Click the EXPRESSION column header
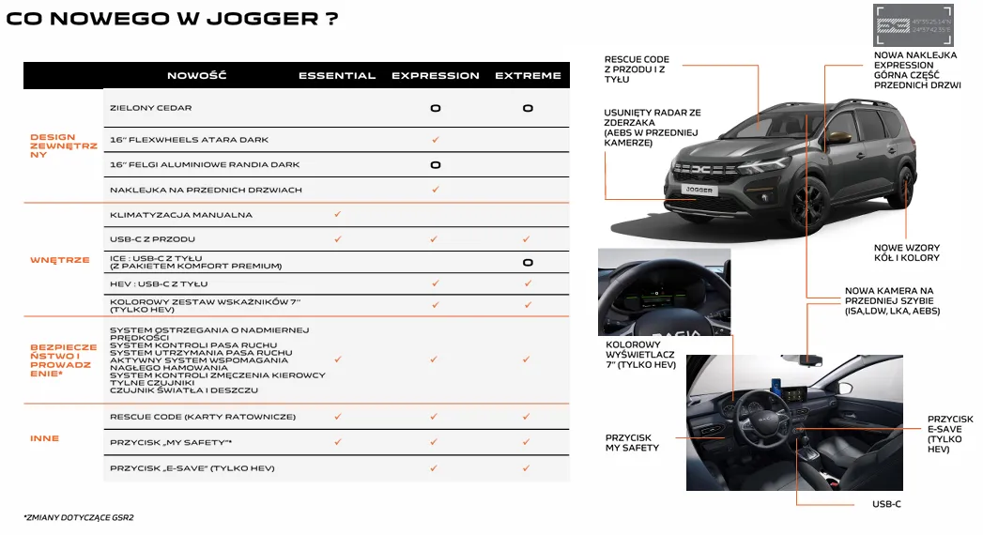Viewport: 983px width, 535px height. click(x=435, y=75)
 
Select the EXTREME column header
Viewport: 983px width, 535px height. click(x=528, y=75)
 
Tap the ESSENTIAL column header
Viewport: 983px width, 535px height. click(x=337, y=75)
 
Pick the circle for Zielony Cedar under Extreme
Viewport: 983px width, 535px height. click(x=528, y=108)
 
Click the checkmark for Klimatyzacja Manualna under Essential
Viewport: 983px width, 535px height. click(x=338, y=215)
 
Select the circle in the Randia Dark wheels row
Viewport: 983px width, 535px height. click(x=436, y=165)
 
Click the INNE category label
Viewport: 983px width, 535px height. click(x=44, y=438)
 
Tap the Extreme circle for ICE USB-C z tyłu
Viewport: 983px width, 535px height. click(x=528, y=263)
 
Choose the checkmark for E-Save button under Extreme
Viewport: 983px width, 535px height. click(x=528, y=467)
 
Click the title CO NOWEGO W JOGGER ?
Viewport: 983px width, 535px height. click(x=172, y=19)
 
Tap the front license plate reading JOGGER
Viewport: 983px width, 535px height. click(x=699, y=190)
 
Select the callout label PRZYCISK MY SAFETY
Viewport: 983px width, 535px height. click(x=632, y=443)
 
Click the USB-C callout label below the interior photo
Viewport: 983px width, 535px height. click(x=886, y=504)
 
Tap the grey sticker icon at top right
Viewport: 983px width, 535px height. click(x=914, y=24)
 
